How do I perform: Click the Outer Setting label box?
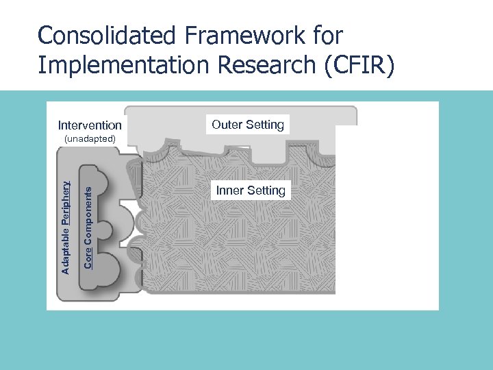pyautogui.click(x=248, y=125)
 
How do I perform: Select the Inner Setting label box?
pyautogui.click(x=251, y=190)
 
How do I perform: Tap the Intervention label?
pyautogui.click(x=90, y=125)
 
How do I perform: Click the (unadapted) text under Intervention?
pyautogui.click(x=90, y=139)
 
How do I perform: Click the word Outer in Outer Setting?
pyautogui.click(x=227, y=125)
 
